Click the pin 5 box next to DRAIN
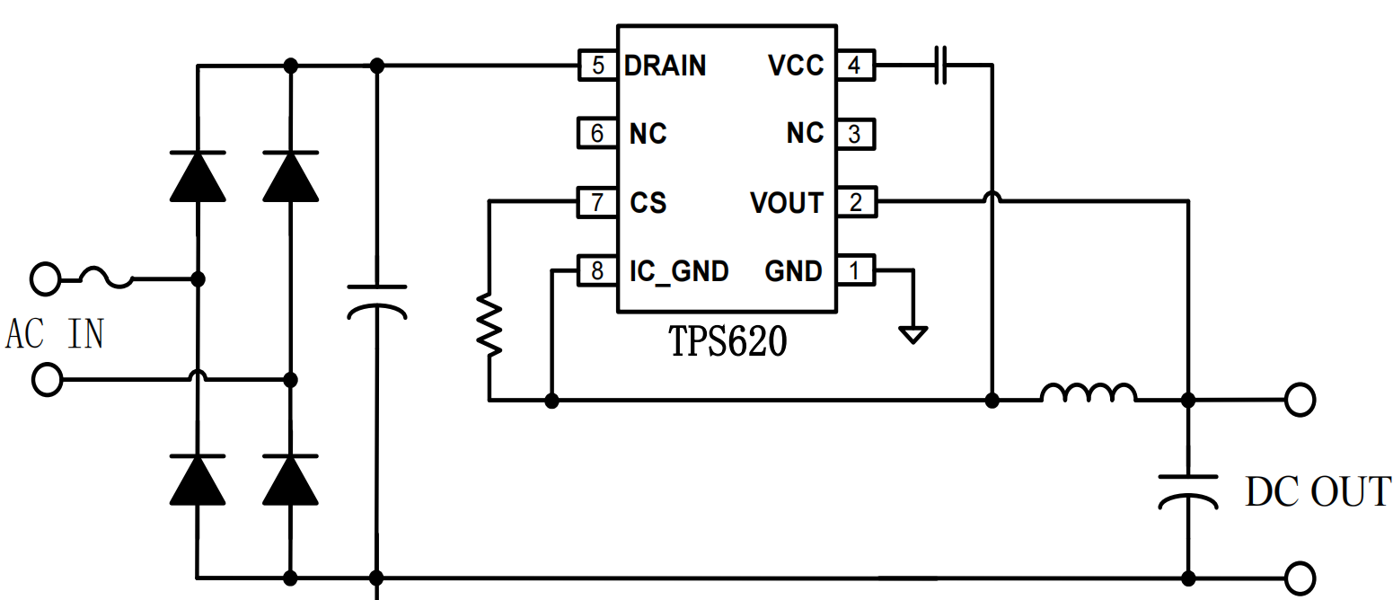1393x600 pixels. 597,66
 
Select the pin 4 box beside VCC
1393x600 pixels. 854,66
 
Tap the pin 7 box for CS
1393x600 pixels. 597,201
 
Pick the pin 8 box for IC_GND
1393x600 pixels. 597,270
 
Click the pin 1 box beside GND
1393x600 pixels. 854,270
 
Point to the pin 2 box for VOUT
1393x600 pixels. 854,202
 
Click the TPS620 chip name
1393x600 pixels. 727,341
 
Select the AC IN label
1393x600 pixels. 55,334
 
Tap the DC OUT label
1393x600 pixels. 1317,492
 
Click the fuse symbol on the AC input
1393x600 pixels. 107,278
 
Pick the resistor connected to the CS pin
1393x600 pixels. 489,324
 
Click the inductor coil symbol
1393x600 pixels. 1088,393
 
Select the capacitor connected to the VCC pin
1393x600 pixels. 940,66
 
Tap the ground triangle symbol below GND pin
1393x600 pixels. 913,335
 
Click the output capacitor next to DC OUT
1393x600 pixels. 1187,490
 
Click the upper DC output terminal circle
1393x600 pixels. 1299,399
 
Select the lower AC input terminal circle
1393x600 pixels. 46,380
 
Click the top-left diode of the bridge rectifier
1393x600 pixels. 198,176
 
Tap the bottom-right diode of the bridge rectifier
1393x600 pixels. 290,480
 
